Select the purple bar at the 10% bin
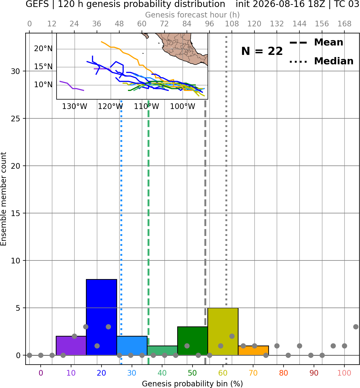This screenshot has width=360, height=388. click(x=71, y=345)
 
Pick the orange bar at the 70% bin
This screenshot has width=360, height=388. click(x=253, y=350)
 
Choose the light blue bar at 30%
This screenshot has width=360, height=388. click(x=132, y=345)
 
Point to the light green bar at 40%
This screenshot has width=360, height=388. click(x=162, y=350)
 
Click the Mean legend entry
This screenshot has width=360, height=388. click(x=316, y=43)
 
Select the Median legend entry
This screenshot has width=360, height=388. click(x=321, y=61)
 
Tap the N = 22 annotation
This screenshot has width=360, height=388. click(x=262, y=51)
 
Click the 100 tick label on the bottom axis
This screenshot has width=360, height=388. click(x=344, y=373)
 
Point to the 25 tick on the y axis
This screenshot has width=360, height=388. click(x=15, y=119)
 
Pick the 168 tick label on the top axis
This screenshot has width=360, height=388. click(x=345, y=24)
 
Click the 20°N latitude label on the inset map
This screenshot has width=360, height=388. click(x=43, y=49)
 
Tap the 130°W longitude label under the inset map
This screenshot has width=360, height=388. click(x=75, y=107)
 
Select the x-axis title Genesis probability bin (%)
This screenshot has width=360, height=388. click(x=193, y=384)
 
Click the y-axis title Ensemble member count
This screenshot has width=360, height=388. click(x=4, y=199)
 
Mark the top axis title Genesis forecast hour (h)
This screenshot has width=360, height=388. click(x=193, y=15)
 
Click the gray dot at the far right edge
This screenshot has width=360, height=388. click(x=356, y=327)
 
